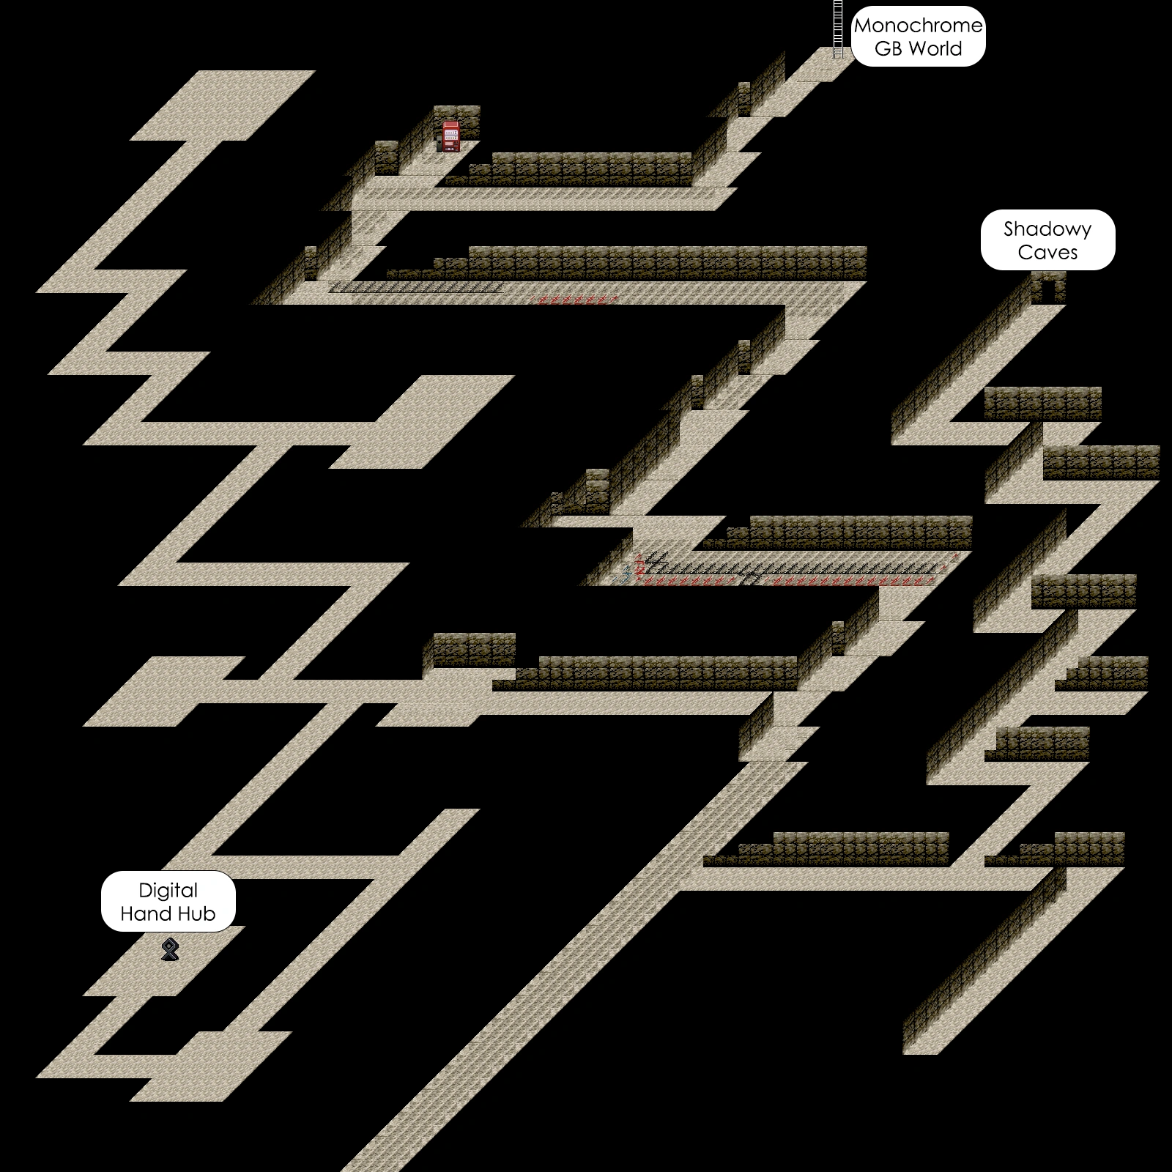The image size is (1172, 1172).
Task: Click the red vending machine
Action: point(451,136)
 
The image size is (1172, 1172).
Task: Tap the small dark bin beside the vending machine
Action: point(440,145)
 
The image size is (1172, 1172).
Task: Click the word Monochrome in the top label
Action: point(918,26)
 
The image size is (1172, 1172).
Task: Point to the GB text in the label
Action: point(888,49)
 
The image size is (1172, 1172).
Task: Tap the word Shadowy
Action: point(1047,229)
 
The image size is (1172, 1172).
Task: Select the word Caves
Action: point(1047,253)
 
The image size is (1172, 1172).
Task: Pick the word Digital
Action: point(168,891)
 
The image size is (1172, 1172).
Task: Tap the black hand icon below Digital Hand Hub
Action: point(170,949)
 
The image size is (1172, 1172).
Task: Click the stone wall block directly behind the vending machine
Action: point(457,114)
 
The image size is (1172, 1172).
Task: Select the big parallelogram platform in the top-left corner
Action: point(223,105)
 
